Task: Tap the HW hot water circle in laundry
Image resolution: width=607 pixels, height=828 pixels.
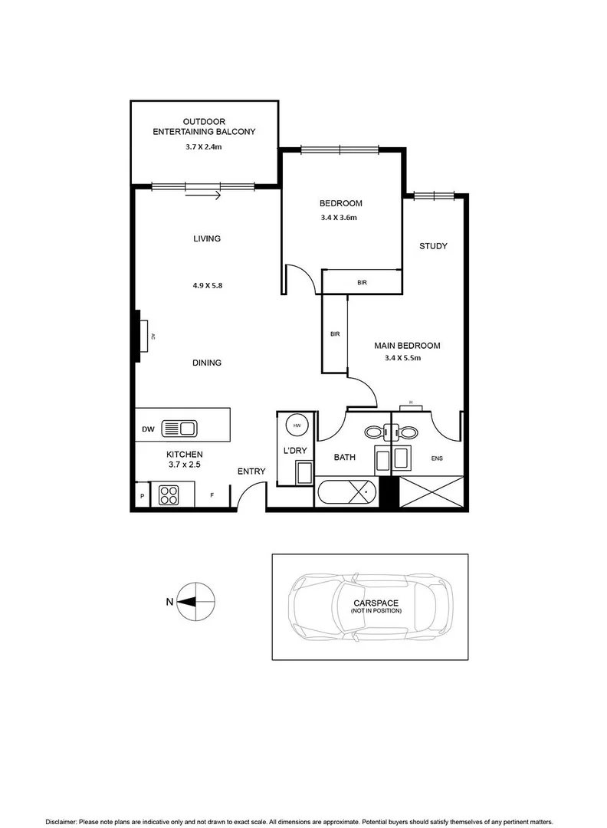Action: [x=297, y=426]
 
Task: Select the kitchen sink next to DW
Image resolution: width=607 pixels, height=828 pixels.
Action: [x=180, y=429]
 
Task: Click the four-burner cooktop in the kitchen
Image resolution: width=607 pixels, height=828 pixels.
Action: [x=169, y=495]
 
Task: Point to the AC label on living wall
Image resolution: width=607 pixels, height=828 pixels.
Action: [x=153, y=336]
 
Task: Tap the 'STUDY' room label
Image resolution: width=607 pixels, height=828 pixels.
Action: [x=433, y=246]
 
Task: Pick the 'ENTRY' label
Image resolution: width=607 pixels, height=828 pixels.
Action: [x=251, y=472]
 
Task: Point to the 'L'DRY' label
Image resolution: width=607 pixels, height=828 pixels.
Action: [x=295, y=450]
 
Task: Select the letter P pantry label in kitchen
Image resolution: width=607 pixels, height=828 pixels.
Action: [x=142, y=497]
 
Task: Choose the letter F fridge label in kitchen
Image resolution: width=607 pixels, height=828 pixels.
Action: [x=212, y=496]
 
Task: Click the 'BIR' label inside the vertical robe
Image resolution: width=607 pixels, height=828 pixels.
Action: [x=334, y=334]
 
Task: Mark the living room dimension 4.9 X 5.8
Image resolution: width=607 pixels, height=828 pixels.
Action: [x=207, y=285]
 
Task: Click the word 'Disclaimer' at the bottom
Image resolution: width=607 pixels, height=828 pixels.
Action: [x=64, y=820]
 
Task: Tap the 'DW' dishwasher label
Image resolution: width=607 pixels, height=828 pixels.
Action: [x=148, y=429]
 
